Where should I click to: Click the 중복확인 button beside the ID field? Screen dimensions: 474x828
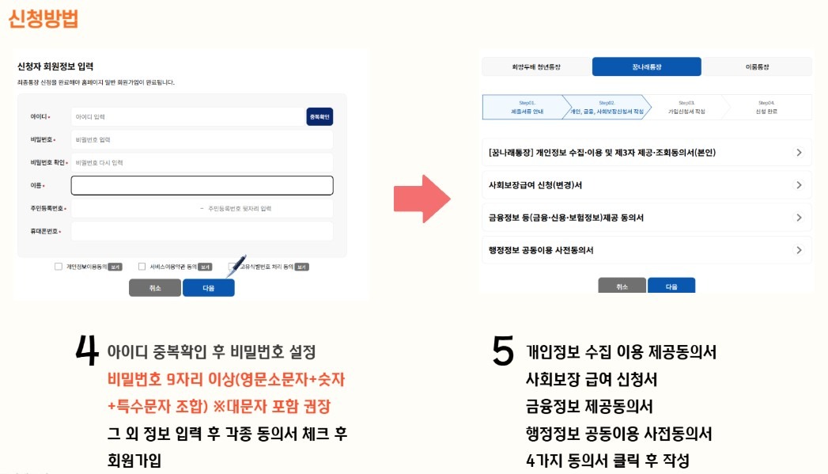pyautogui.click(x=319, y=117)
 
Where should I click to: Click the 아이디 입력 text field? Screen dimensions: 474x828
pyautogui.click(x=187, y=117)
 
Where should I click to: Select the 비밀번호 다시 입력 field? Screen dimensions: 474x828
pyautogui.click(x=202, y=162)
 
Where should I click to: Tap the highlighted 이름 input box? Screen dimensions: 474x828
pyautogui.click(x=202, y=185)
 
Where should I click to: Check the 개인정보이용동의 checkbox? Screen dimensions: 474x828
pyautogui.click(x=59, y=267)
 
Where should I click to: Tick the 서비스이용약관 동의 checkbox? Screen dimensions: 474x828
pyautogui.click(x=142, y=267)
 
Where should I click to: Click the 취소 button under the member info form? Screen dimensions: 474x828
pyautogui.click(x=155, y=288)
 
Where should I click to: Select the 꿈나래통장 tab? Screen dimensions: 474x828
pyautogui.click(x=646, y=67)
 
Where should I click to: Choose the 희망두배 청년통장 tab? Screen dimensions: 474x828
pyautogui.click(x=536, y=67)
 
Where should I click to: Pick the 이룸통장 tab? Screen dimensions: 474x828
pyautogui.click(x=756, y=67)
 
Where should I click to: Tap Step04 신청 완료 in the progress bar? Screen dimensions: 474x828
pyautogui.click(x=766, y=108)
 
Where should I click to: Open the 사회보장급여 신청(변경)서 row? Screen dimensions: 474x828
pyautogui.click(x=646, y=185)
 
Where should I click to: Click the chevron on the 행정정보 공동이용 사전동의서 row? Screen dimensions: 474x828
pyautogui.click(x=799, y=250)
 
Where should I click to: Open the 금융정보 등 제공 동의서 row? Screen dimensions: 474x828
pyautogui.click(x=646, y=218)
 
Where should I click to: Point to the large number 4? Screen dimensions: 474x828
pyautogui.click(x=87, y=351)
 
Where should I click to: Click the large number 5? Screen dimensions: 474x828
pyautogui.click(x=503, y=351)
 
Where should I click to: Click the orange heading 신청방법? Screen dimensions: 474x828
pyautogui.click(x=43, y=19)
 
